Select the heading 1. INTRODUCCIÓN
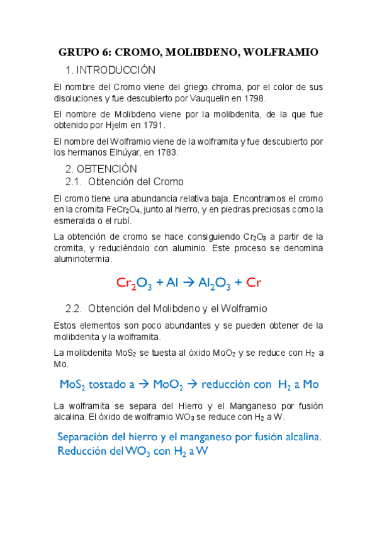[x=110, y=70]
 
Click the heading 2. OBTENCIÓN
[x=101, y=169]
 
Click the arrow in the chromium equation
[x=189, y=283]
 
